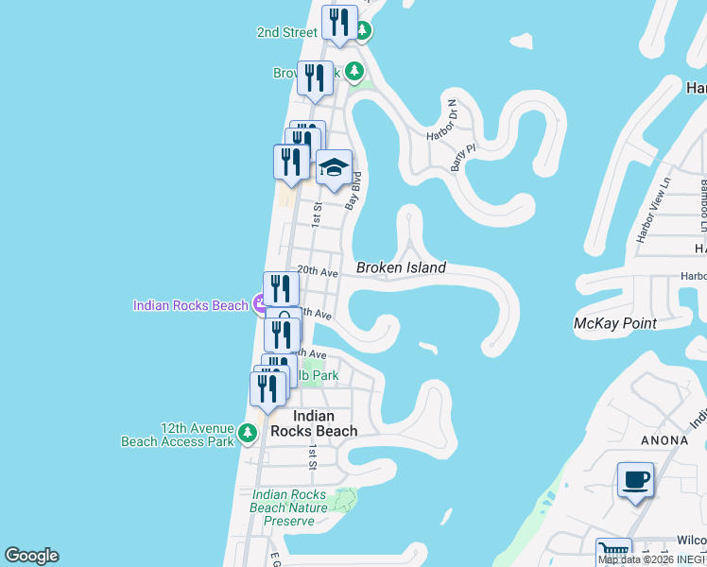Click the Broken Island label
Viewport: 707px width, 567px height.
[401, 268]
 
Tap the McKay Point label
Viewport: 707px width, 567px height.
[615, 323]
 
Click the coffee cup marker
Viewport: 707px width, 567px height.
[636, 479]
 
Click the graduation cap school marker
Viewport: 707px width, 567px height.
[333, 168]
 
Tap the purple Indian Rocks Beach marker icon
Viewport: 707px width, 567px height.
[261, 304]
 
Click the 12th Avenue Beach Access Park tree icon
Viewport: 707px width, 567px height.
[247, 433]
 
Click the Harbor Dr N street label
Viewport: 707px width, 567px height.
[440, 120]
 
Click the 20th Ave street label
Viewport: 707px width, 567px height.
[318, 270]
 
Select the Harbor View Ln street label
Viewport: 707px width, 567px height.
[654, 209]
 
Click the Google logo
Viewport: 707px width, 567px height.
[31, 556]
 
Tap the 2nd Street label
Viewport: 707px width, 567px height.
[287, 32]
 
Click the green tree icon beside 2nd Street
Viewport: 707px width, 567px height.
[362, 31]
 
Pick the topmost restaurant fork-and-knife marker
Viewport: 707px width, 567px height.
[339, 23]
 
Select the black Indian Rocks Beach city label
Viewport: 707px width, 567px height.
[314, 423]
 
